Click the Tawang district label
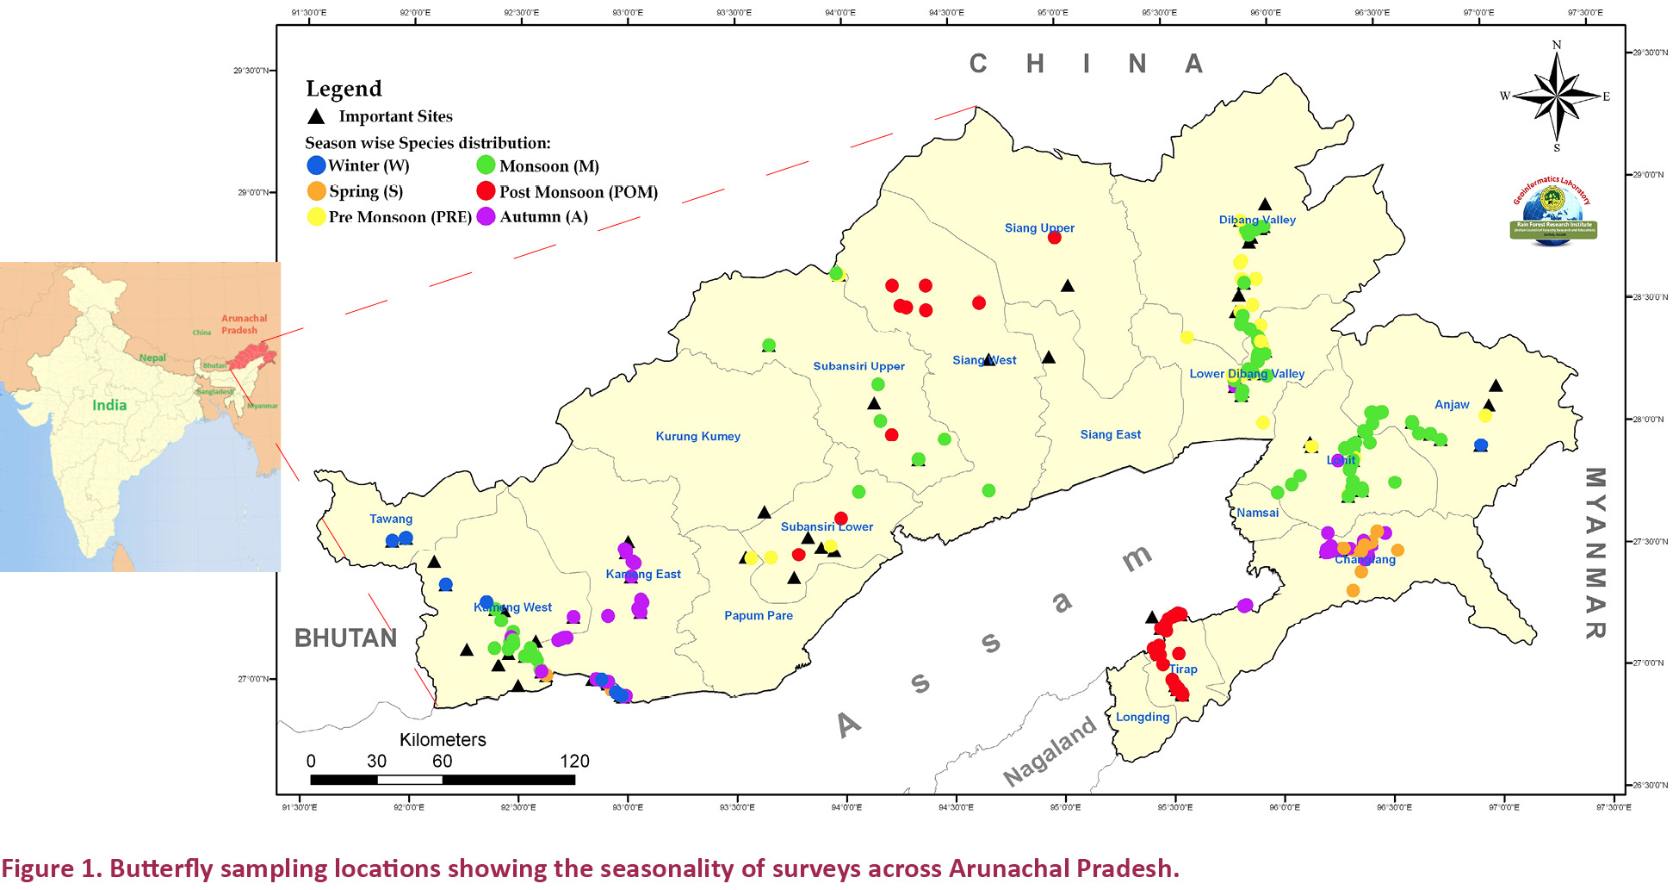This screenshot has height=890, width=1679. (x=391, y=519)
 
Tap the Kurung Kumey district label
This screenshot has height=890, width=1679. (x=697, y=436)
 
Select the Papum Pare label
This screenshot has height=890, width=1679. (x=758, y=615)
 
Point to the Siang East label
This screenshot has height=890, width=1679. (x=1110, y=434)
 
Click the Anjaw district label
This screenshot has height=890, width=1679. (x=1452, y=404)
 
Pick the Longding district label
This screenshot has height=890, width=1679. (x=1143, y=717)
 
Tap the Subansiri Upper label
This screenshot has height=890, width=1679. (x=858, y=366)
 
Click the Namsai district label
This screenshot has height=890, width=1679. (x=1257, y=513)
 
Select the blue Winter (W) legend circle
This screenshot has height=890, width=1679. (x=316, y=165)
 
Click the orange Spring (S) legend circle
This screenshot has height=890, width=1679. (x=316, y=191)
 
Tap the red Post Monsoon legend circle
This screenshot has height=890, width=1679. (x=486, y=191)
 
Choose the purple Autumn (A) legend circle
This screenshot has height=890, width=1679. (x=486, y=216)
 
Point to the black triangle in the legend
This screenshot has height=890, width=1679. (x=316, y=116)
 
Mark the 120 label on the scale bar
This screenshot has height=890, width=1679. (x=574, y=761)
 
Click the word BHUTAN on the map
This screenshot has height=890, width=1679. (x=345, y=638)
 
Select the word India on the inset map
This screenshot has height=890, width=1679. (x=109, y=405)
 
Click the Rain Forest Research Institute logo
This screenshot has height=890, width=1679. (x=1552, y=214)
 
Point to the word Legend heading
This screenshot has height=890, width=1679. (x=344, y=89)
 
